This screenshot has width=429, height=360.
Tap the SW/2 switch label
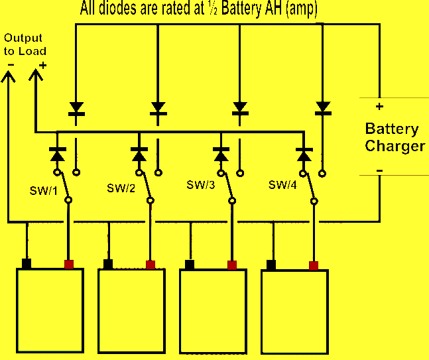click(x=121, y=188)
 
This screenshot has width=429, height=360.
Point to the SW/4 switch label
click(x=283, y=183)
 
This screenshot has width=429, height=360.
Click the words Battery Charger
click(x=395, y=137)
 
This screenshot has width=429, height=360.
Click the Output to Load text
click(x=25, y=45)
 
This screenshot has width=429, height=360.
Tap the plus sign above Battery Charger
click(x=379, y=106)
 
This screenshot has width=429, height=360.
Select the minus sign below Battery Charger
click(x=379, y=171)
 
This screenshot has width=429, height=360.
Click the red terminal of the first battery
click(x=68, y=264)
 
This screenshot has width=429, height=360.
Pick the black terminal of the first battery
click(x=27, y=264)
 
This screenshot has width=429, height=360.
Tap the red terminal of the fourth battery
click(x=313, y=265)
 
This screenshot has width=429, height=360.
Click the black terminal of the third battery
click(x=190, y=265)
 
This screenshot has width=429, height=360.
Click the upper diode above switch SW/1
click(x=76, y=108)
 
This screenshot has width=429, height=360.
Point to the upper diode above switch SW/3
click(x=240, y=108)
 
